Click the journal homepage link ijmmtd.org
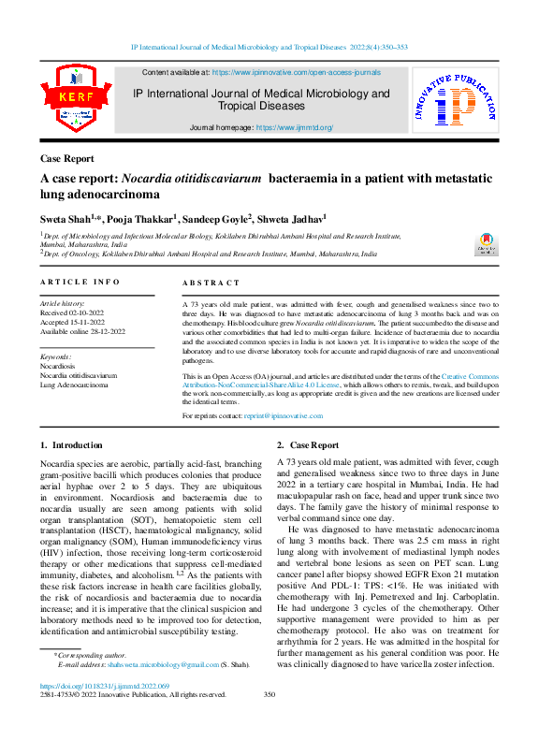click(x=294, y=127)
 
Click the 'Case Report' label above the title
click(x=67, y=158)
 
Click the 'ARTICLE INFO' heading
click(x=80, y=282)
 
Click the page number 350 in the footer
click(x=269, y=694)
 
